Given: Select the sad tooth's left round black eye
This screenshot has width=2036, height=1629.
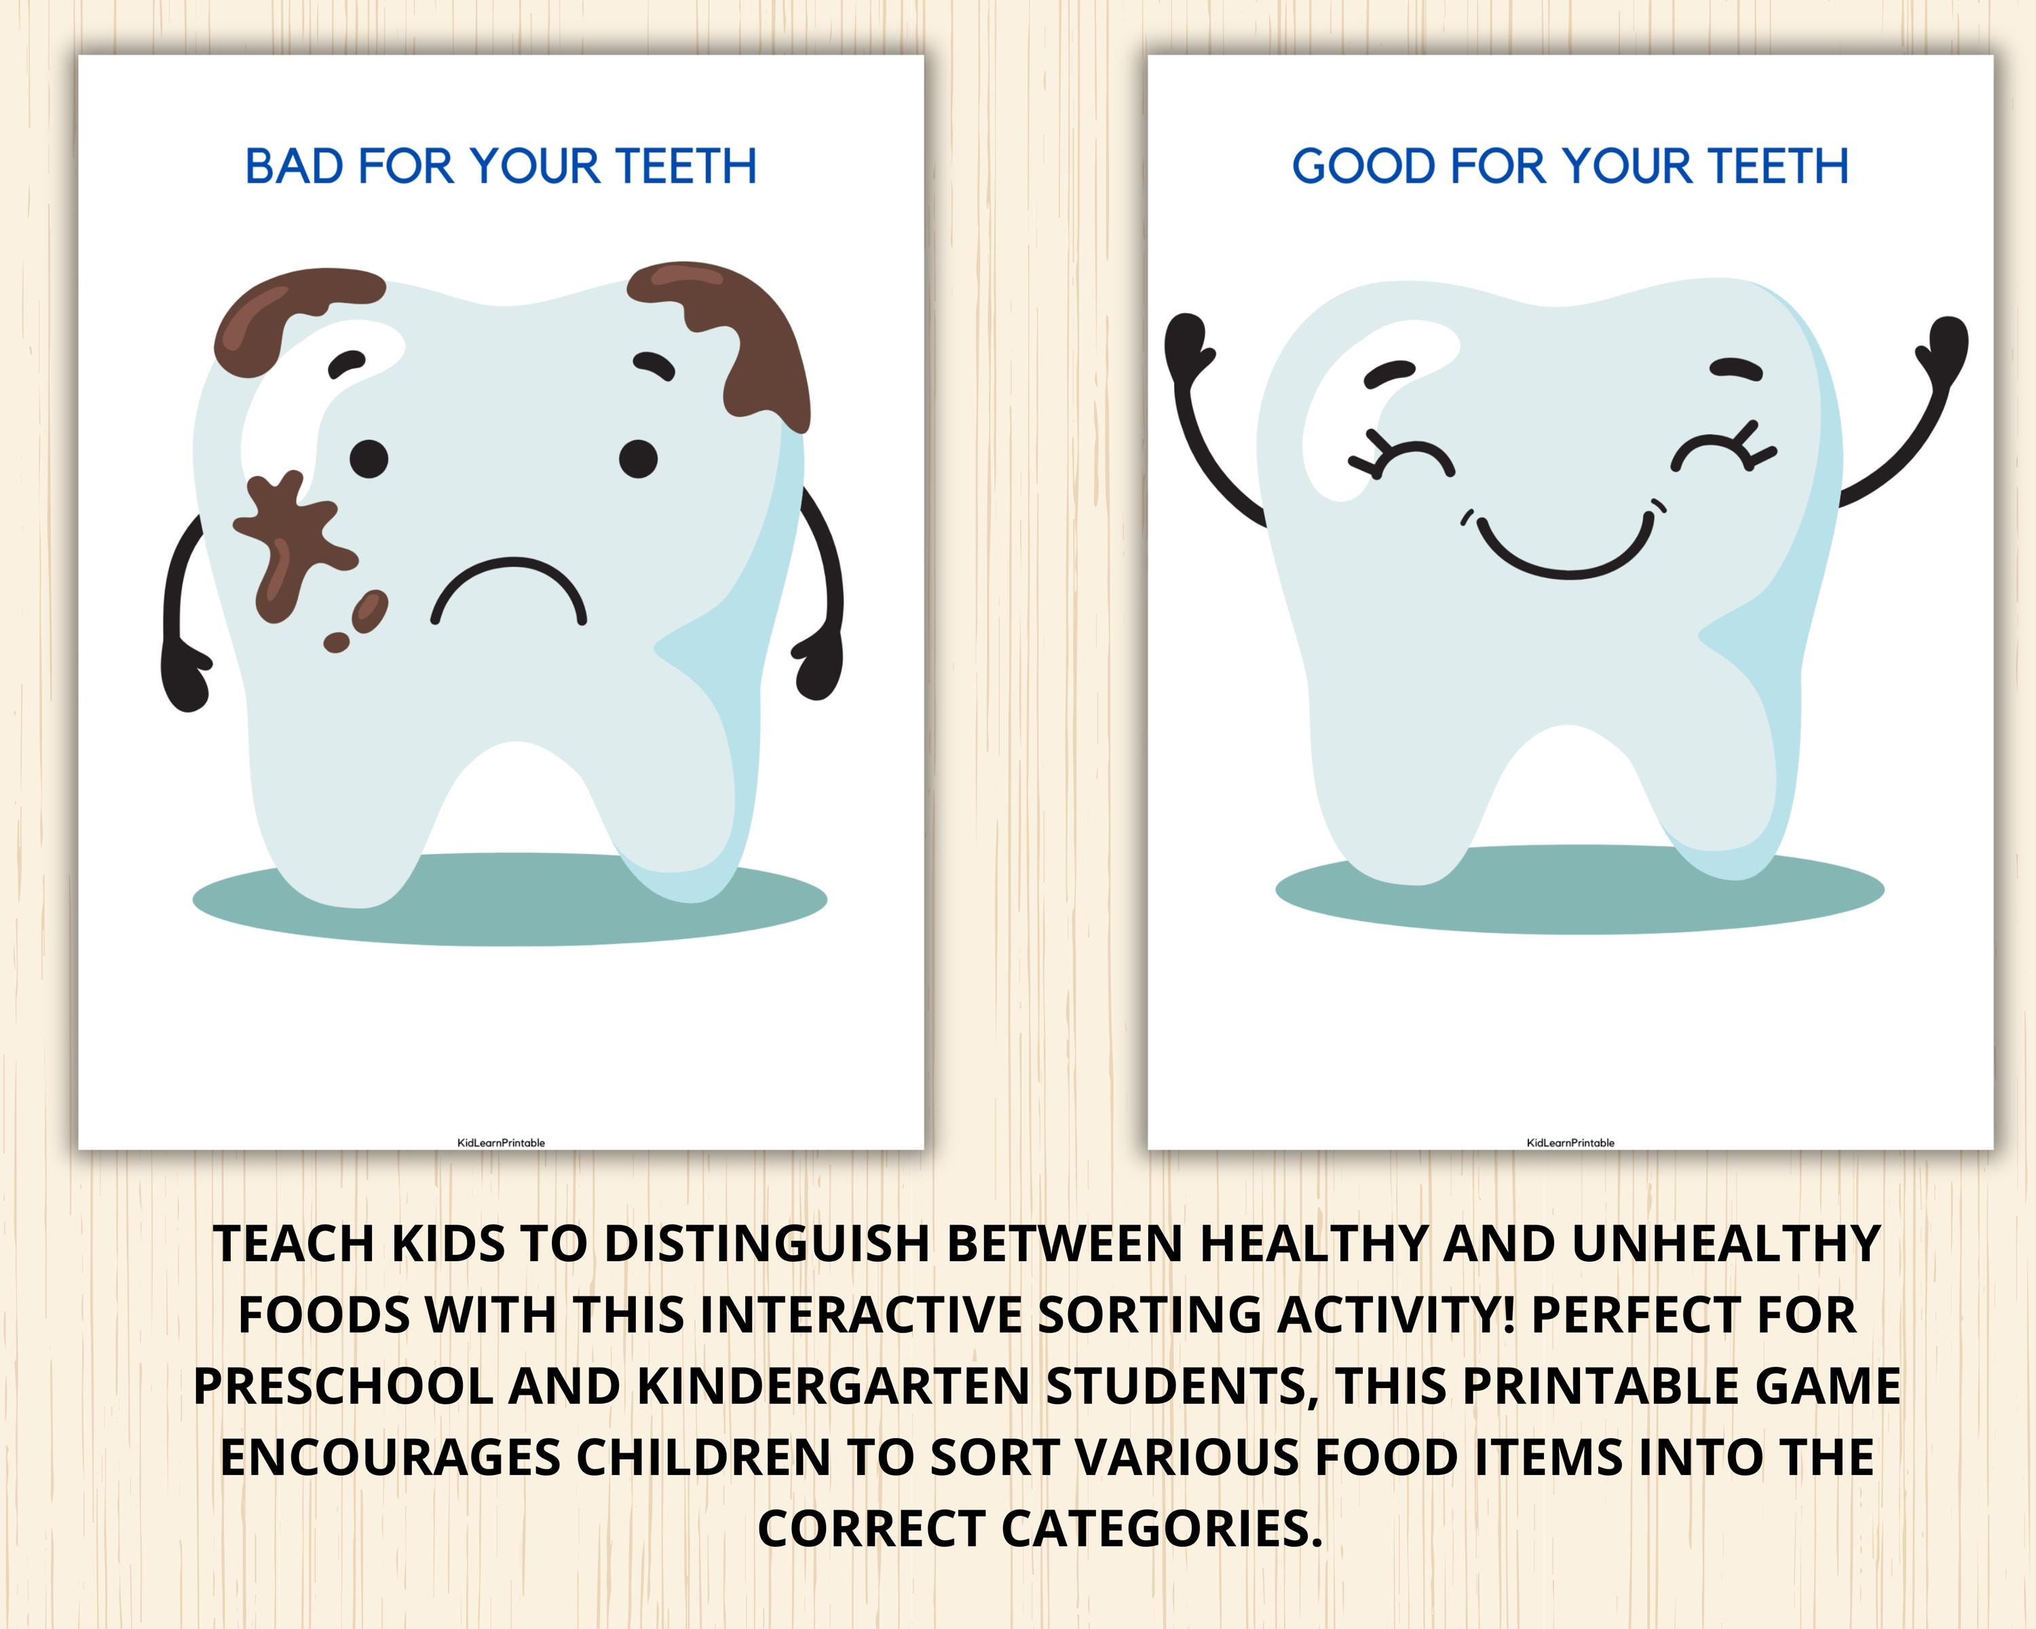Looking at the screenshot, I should point(369,459).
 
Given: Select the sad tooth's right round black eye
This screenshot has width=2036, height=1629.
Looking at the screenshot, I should point(639,459).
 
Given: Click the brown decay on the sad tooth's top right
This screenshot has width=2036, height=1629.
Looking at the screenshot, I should point(746,331).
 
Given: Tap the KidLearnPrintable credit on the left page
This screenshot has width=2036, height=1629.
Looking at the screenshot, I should point(500,1142).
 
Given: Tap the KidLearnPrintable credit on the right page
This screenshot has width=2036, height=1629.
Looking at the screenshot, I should point(1570,1142).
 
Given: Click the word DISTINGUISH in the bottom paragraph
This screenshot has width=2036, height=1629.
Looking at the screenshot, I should point(766,1243).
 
